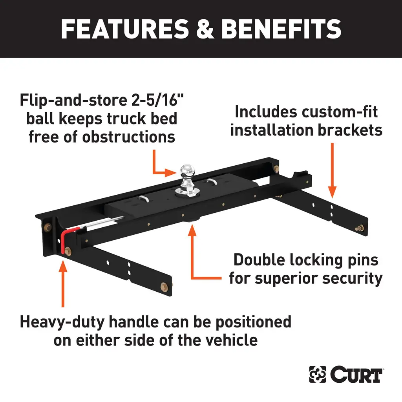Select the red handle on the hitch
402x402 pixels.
coord(64,240)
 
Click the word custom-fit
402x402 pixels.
coord(340,111)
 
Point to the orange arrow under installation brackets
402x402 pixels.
coord(332,169)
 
